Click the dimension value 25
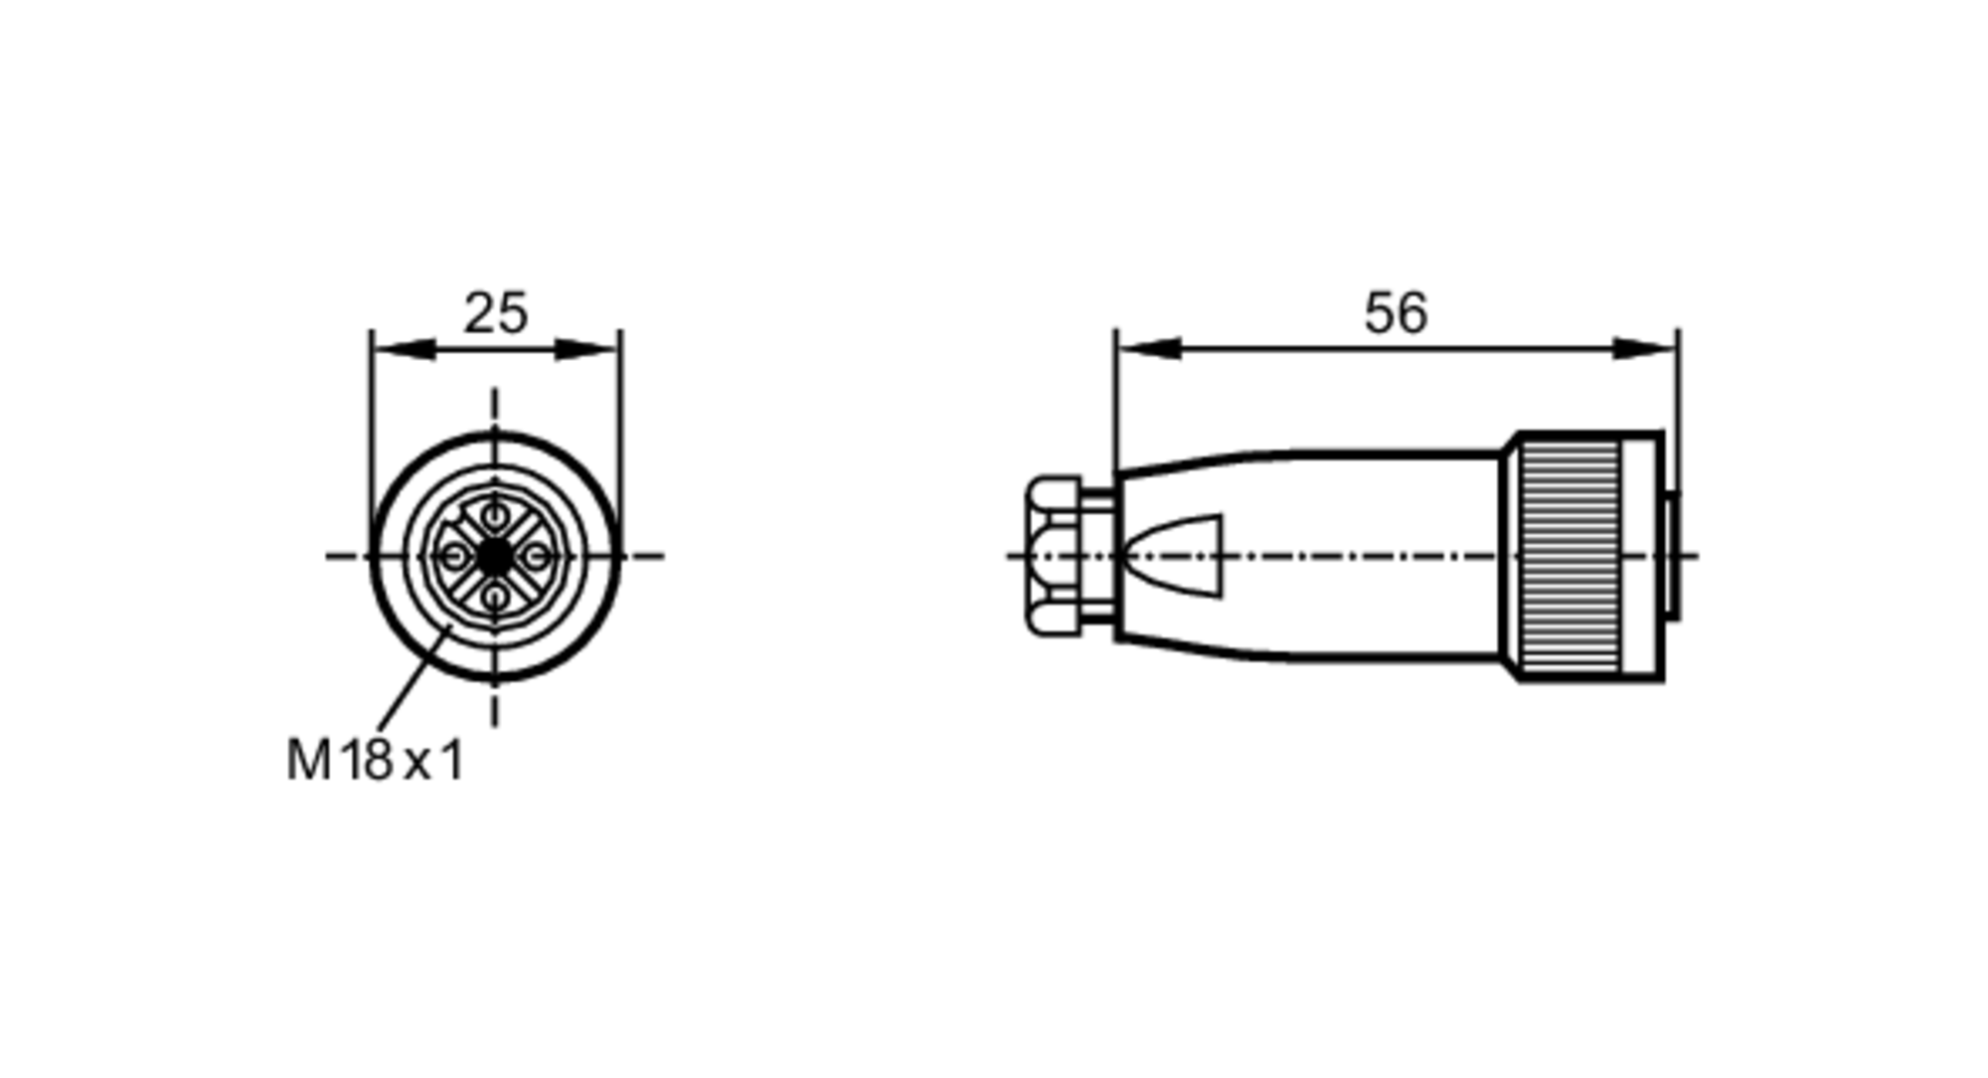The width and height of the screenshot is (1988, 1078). (x=495, y=313)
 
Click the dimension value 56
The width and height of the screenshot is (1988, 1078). (x=1395, y=313)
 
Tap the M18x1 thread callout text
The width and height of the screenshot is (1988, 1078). (x=375, y=761)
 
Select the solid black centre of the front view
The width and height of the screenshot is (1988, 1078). (x=494, y=557)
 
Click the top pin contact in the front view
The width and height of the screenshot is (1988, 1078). (x=494, y=516)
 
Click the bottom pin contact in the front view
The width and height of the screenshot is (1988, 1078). (x=494, y=598)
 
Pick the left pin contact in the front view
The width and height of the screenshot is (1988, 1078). (x=453, y=557)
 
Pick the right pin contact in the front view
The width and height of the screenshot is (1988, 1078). (x=536, y=557)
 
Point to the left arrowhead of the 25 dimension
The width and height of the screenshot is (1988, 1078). (x=402, y=349)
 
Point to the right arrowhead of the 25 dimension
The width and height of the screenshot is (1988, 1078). (x=589, y=349)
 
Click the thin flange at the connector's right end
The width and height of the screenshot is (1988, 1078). (x=1673, y=557)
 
